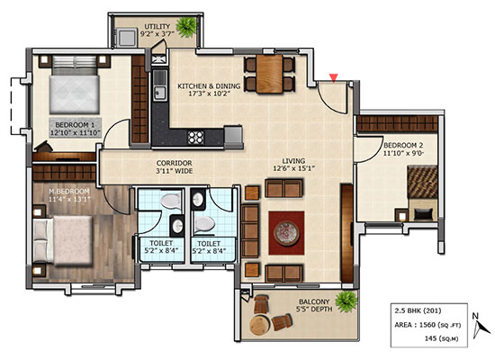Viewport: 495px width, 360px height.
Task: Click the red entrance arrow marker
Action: pos(334,77)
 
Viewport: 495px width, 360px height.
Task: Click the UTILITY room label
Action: pos(157,26)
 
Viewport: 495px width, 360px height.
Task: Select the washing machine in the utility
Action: pos(126,38)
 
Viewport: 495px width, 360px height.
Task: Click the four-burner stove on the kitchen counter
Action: pos(195,138)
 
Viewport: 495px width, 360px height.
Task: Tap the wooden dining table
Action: pos(269,74)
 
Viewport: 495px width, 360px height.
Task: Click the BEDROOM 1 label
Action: pos(75,125)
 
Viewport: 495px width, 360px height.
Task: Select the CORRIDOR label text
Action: pos(175,163)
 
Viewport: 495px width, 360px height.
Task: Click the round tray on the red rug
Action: pos(286,233)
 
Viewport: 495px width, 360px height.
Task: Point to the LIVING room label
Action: pos(293,161)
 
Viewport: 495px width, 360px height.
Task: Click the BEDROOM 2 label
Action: pos(403,146)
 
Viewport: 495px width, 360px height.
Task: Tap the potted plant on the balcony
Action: pos(346,301)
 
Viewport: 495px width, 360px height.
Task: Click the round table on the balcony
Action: pos(260,325)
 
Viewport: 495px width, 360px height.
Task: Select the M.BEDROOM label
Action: pos(68,192)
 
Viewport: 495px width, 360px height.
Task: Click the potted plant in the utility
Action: pos(187,27)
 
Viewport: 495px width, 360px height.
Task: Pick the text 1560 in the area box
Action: pos(427,325)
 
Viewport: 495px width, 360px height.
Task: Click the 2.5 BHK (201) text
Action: pos(418,310)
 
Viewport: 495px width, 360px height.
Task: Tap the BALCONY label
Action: pos(314,301)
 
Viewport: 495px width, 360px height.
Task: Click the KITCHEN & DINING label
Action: pos(209,85)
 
